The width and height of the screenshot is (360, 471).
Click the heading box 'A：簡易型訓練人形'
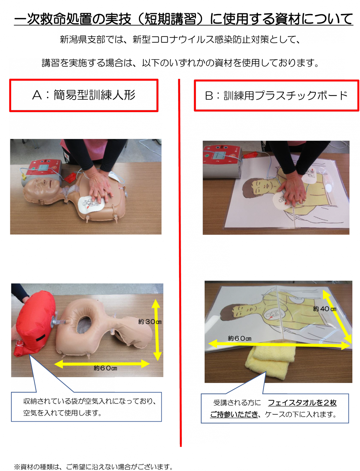84,95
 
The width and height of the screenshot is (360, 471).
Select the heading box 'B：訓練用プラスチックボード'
276,95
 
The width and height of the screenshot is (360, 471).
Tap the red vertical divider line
180,263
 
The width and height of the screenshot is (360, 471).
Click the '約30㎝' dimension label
150,322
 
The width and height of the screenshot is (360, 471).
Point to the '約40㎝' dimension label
324,309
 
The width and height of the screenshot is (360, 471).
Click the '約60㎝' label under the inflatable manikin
105,368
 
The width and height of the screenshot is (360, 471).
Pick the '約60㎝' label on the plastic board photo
239,338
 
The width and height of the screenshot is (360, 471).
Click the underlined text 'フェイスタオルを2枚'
302,403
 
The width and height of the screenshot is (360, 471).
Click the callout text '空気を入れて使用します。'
62,413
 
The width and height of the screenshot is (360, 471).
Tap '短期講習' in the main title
170,19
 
